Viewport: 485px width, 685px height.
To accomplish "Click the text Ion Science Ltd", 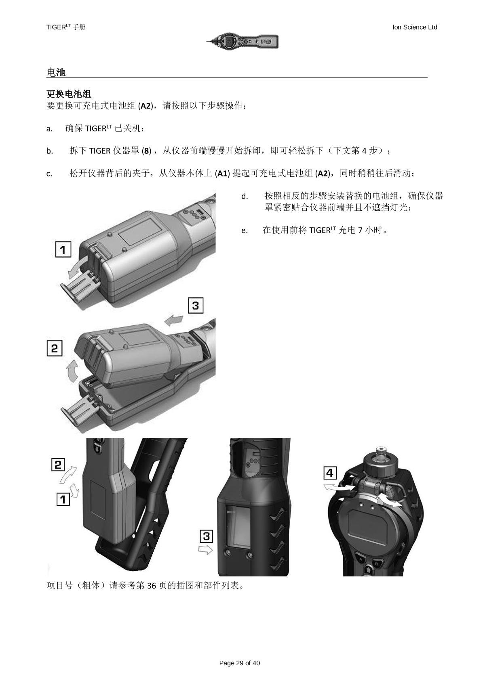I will [415, 27].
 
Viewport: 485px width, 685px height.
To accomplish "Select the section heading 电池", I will [56, 73].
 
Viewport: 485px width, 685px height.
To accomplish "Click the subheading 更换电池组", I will [69, 94].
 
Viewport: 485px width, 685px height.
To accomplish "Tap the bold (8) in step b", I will [147, 151].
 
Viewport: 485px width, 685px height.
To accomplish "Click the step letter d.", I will [244, 197].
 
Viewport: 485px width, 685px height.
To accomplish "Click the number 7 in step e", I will [360, 230].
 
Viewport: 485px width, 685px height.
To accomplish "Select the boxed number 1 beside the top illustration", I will [63, 249].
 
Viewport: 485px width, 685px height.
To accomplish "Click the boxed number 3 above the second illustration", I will [196, 305].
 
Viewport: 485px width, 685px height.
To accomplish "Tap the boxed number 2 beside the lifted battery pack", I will [55, 348].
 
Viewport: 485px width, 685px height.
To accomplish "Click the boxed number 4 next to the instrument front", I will [330, 473].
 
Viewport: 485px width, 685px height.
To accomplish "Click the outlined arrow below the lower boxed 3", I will [205, 550].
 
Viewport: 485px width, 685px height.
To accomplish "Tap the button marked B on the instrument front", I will [377, 564].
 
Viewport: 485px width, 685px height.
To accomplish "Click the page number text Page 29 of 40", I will [239, 663].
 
